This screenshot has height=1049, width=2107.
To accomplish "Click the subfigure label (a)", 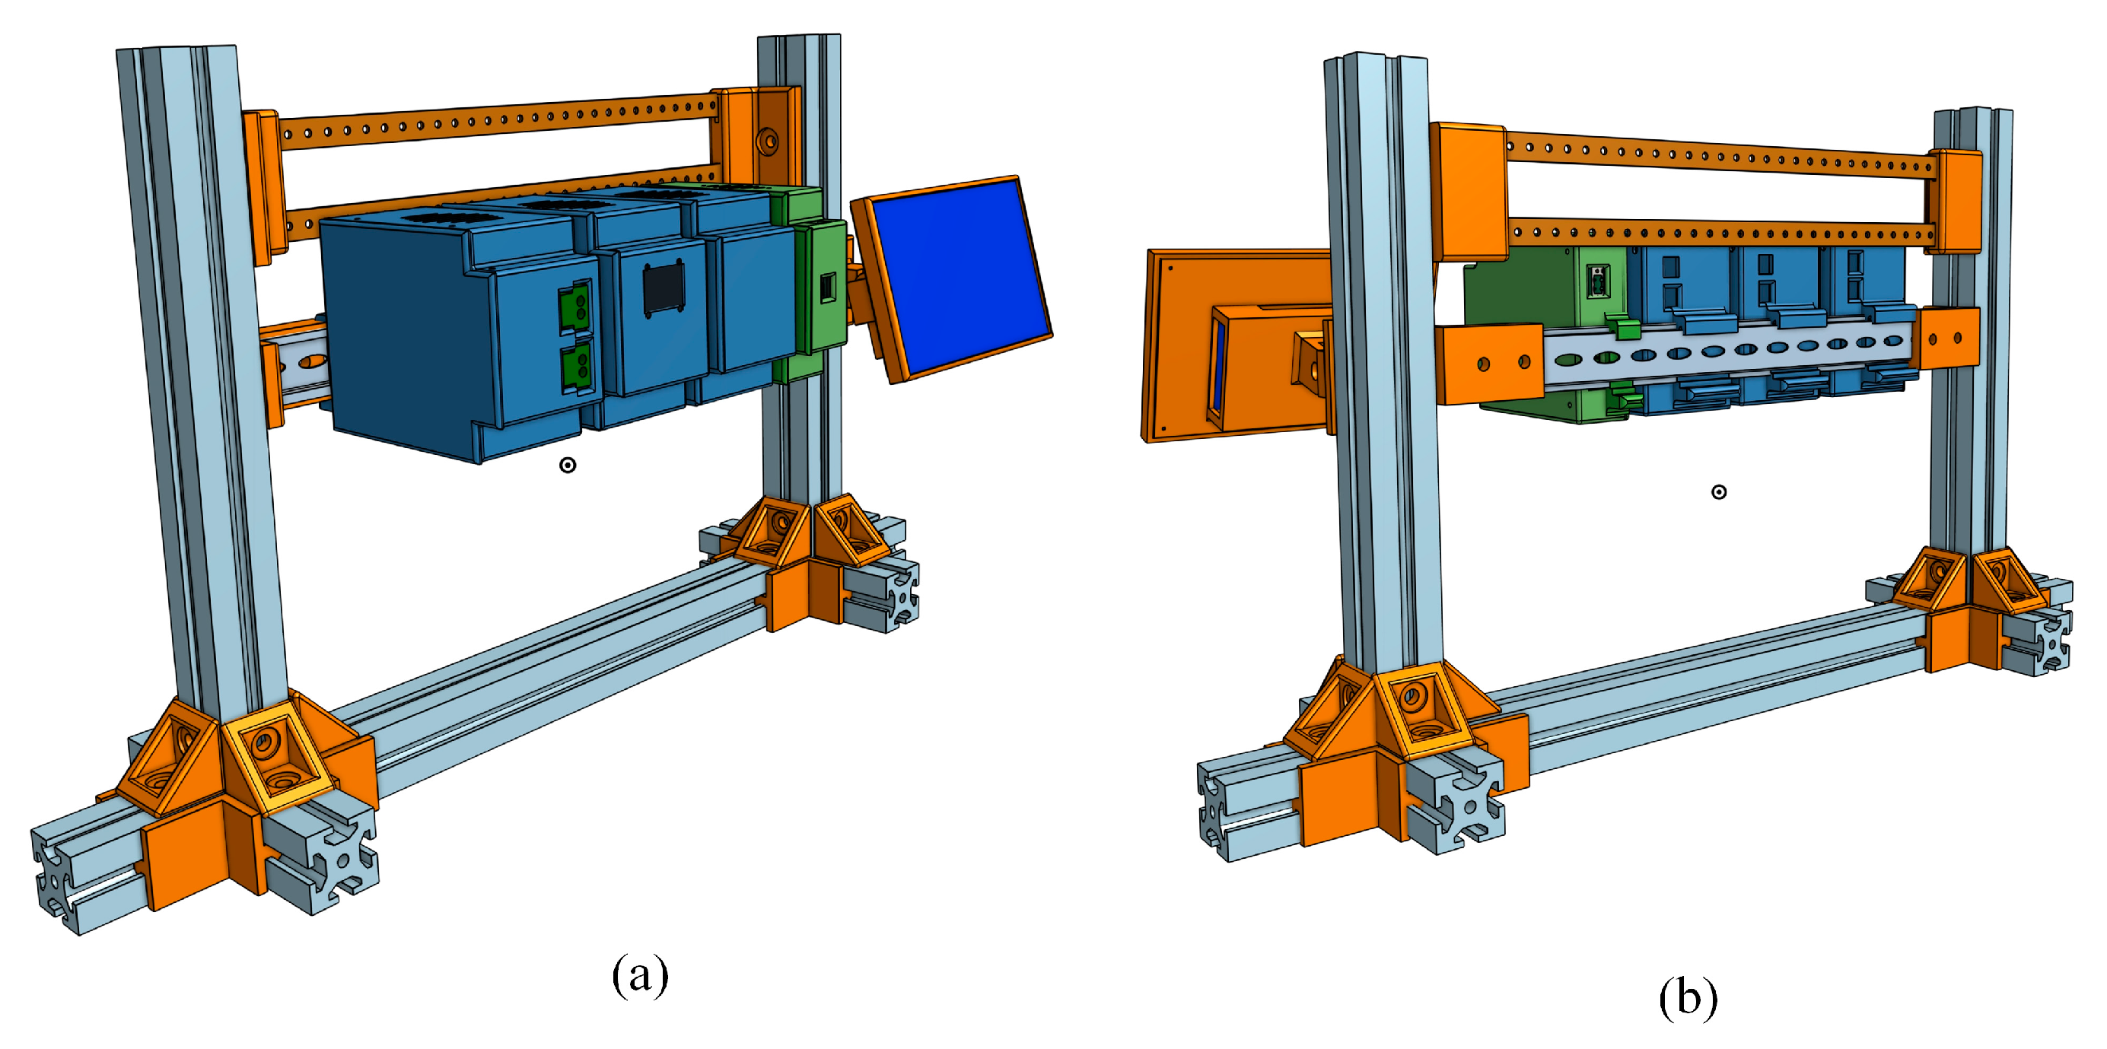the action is [x=641, y=975].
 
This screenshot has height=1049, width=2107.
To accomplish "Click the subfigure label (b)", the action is [x=1688, y=997].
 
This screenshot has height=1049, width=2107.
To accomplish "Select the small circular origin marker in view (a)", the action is [x=568, y=466].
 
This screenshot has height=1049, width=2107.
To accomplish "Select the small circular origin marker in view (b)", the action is [x=1719, y=492].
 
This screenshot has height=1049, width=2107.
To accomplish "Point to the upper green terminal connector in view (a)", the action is [x=576, y=307].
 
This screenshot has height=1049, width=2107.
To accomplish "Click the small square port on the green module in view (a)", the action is [x=828, y=287].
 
